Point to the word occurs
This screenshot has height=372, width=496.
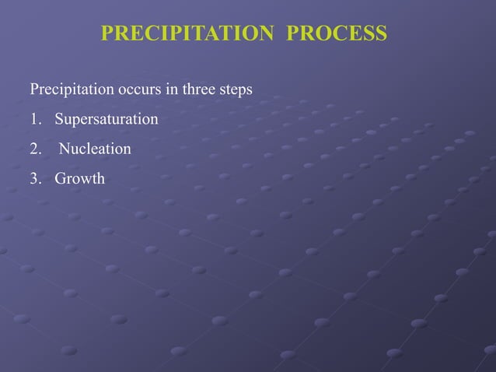tap(139, 90)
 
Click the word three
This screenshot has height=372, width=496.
tap(199, 90)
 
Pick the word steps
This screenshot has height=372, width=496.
tap(236, 90)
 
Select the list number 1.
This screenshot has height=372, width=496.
tap(35, 120)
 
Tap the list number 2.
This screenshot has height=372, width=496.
tap(35, 149)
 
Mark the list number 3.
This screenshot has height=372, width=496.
tap(35, 179)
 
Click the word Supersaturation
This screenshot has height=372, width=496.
tap(106, 120)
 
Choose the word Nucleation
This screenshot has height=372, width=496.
tap(95, 149)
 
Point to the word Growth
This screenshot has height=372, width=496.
tap(79, 179)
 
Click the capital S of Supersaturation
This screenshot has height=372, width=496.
tap(58, 120)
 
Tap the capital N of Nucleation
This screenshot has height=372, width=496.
tap(65, 149)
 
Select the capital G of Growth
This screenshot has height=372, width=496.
tap(60, 179)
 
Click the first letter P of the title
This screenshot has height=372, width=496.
tap(108, 34)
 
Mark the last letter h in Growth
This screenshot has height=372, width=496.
tap(100, 179)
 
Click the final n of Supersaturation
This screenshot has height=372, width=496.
tap(154, 120)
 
